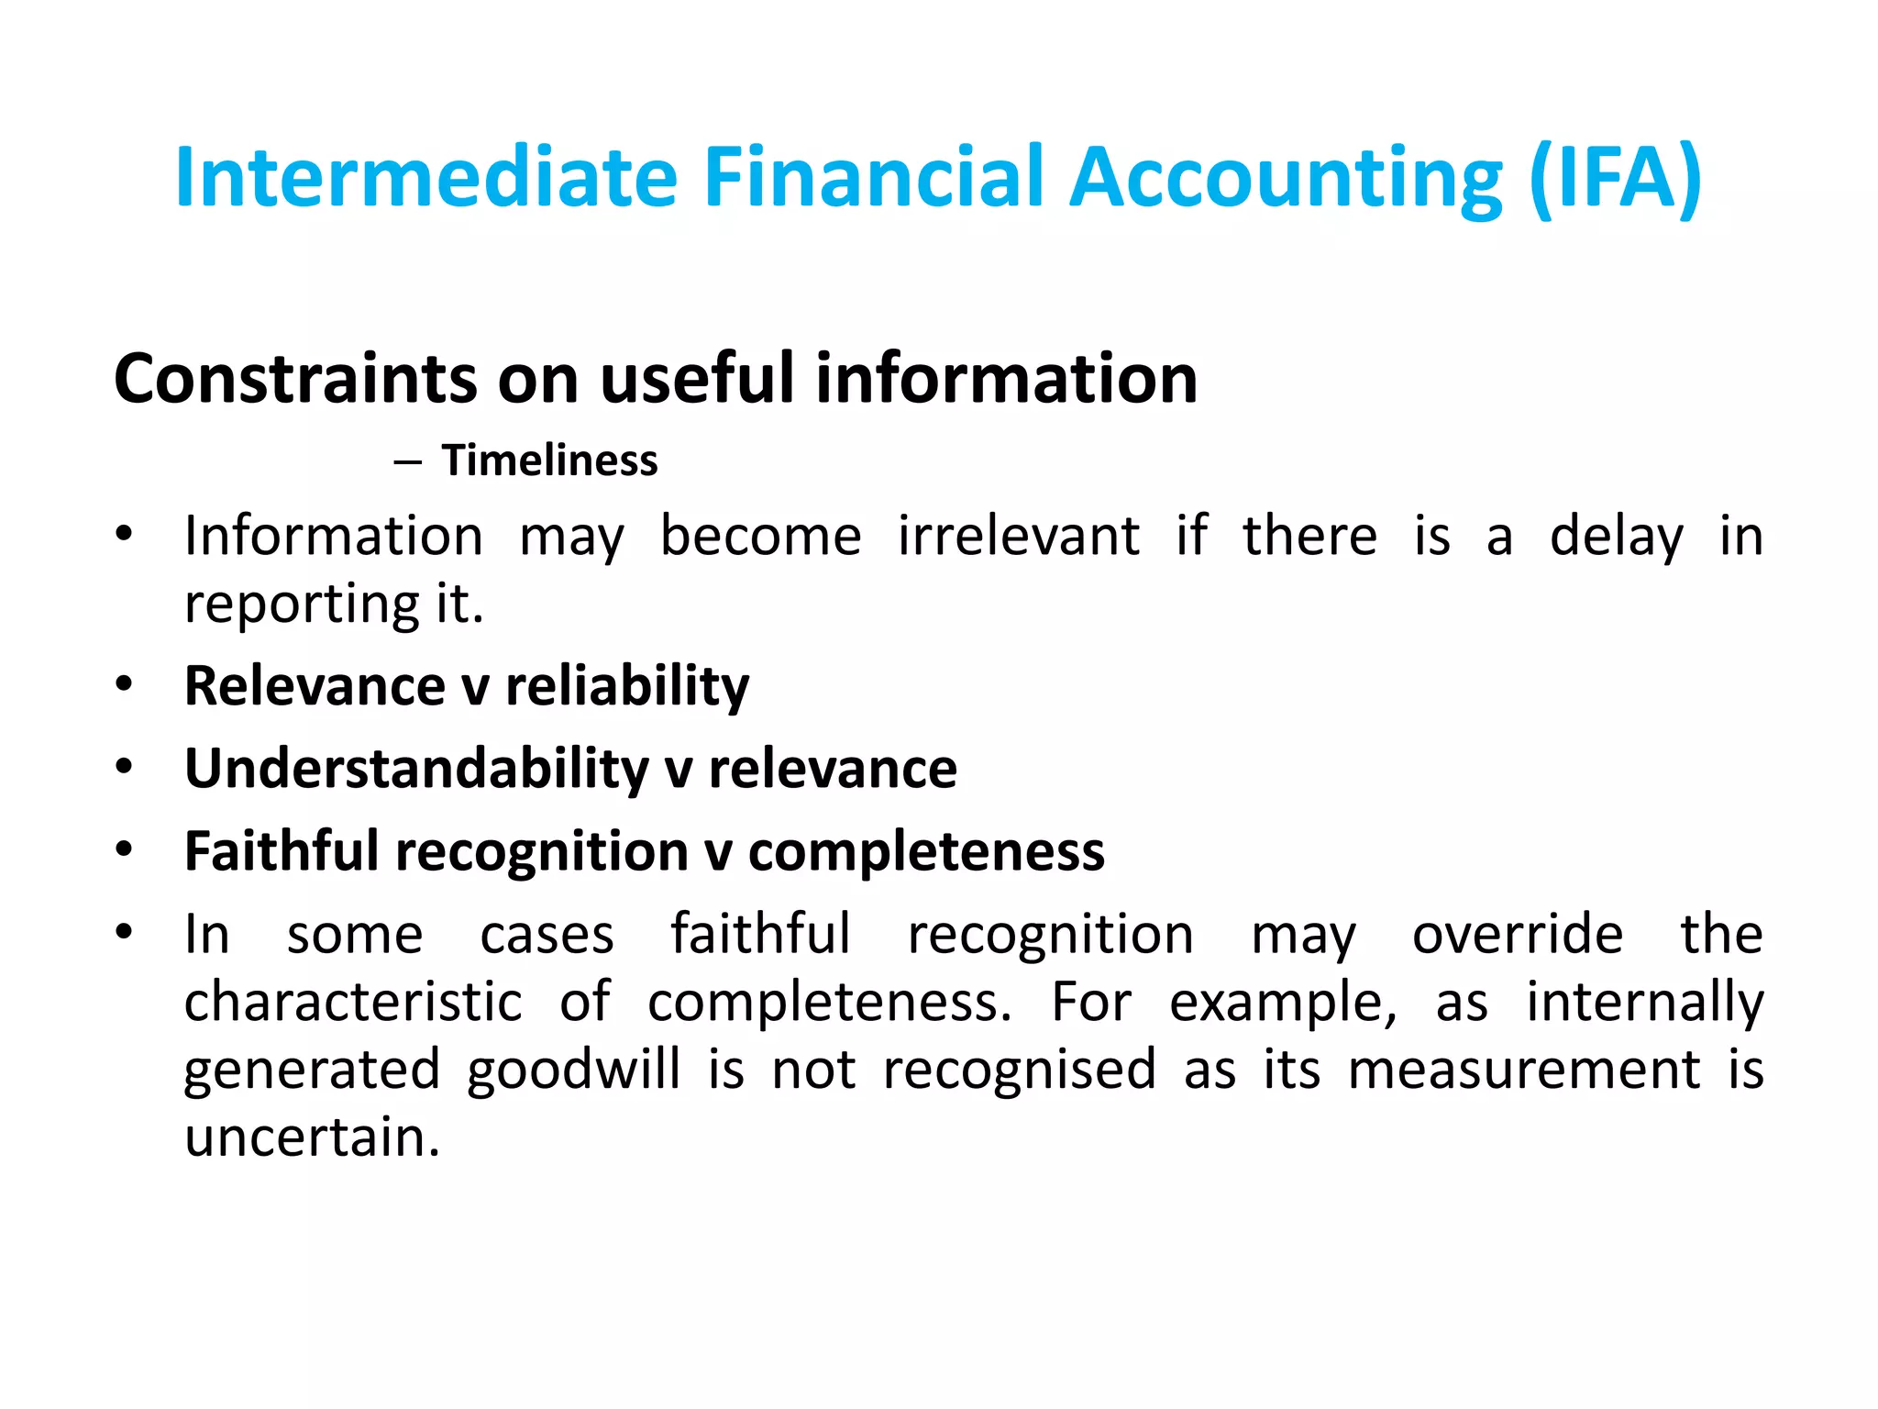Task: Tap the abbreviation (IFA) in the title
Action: [1616, 178]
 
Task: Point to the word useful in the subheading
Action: [697, 378]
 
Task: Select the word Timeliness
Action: [549, 460]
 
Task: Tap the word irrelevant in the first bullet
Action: [1018, 536]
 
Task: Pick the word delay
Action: [1616, 538]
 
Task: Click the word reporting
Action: [302, 605]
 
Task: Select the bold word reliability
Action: [627, 686]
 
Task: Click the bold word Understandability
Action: [416, 769]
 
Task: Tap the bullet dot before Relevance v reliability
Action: [125, 684]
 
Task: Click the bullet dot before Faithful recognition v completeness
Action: [125, 849]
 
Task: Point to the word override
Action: [1517, 935]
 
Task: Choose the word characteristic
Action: [353, 1002]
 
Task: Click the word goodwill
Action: [573, 1070]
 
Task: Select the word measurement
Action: [1523, 1070]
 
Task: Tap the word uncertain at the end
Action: [312, 1137]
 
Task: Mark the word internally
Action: [1644, 1004]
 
